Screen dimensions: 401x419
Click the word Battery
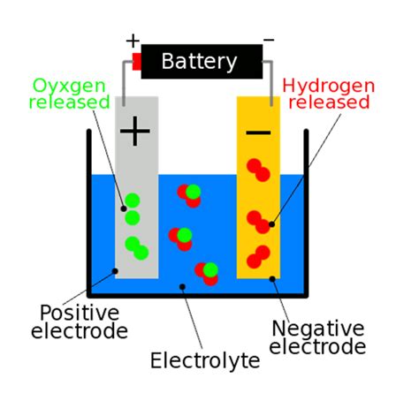[200, 62]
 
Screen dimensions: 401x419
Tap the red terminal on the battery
[137, 61]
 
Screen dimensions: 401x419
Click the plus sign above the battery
[133, 41]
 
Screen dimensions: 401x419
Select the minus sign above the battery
[269, 41]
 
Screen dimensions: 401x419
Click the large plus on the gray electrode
[135, 132]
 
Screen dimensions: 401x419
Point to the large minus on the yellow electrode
[258, 132]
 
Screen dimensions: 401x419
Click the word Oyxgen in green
[70, 86]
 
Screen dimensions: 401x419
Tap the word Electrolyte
[205, 360]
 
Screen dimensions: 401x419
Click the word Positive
[79, 314]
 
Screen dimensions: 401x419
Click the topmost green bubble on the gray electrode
[133, 201]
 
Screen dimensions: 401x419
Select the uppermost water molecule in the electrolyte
[188, 193]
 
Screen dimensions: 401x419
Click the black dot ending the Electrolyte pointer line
[182, 286]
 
